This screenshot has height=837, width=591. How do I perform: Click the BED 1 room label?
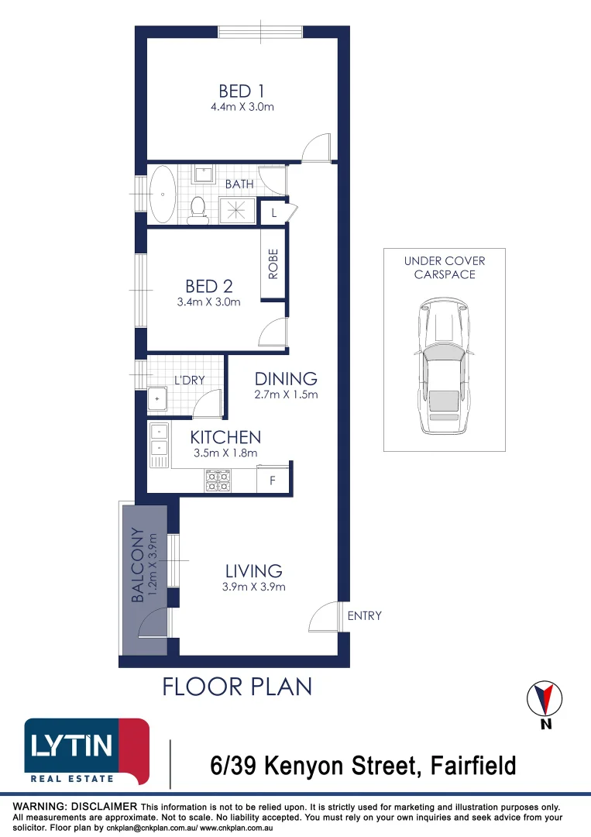pos(242,91)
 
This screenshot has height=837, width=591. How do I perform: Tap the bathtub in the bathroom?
pos(162,195)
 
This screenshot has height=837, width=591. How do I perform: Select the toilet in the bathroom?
pos(198,211)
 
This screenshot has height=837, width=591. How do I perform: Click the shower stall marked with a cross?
pos(237,210)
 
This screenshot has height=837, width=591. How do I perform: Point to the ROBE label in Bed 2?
pos(273,263)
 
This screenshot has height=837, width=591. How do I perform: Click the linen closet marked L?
pos(273,212)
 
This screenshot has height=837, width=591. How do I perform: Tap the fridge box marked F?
pos(272,480)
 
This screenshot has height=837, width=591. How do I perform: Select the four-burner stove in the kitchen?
pos(218,480)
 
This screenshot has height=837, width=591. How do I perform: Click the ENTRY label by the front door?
pos(364,615)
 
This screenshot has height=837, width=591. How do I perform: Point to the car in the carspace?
pos(444,366)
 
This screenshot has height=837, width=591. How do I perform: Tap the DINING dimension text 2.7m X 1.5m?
pos(286,394)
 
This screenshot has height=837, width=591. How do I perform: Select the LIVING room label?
pos(253,571)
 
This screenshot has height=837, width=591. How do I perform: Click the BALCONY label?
pos(138,565)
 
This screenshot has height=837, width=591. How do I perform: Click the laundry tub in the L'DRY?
pos(157,399)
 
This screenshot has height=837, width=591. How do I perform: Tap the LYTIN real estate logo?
pos(87,752)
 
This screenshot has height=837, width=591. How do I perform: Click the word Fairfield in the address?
pos(473,766)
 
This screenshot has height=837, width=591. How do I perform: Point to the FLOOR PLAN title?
pos(237,687)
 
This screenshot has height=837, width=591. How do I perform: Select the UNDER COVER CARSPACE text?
pos(445,267)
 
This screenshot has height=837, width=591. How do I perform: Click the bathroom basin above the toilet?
pos(203,174)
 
